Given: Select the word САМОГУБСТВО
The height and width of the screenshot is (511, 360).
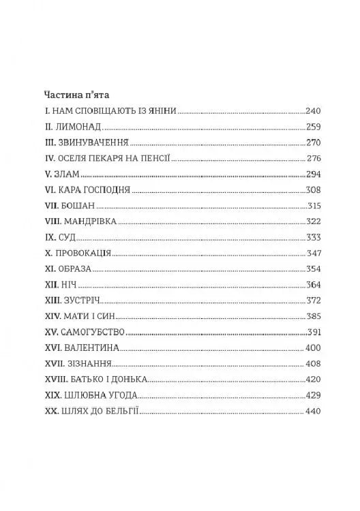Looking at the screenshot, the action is click(93, 333).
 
